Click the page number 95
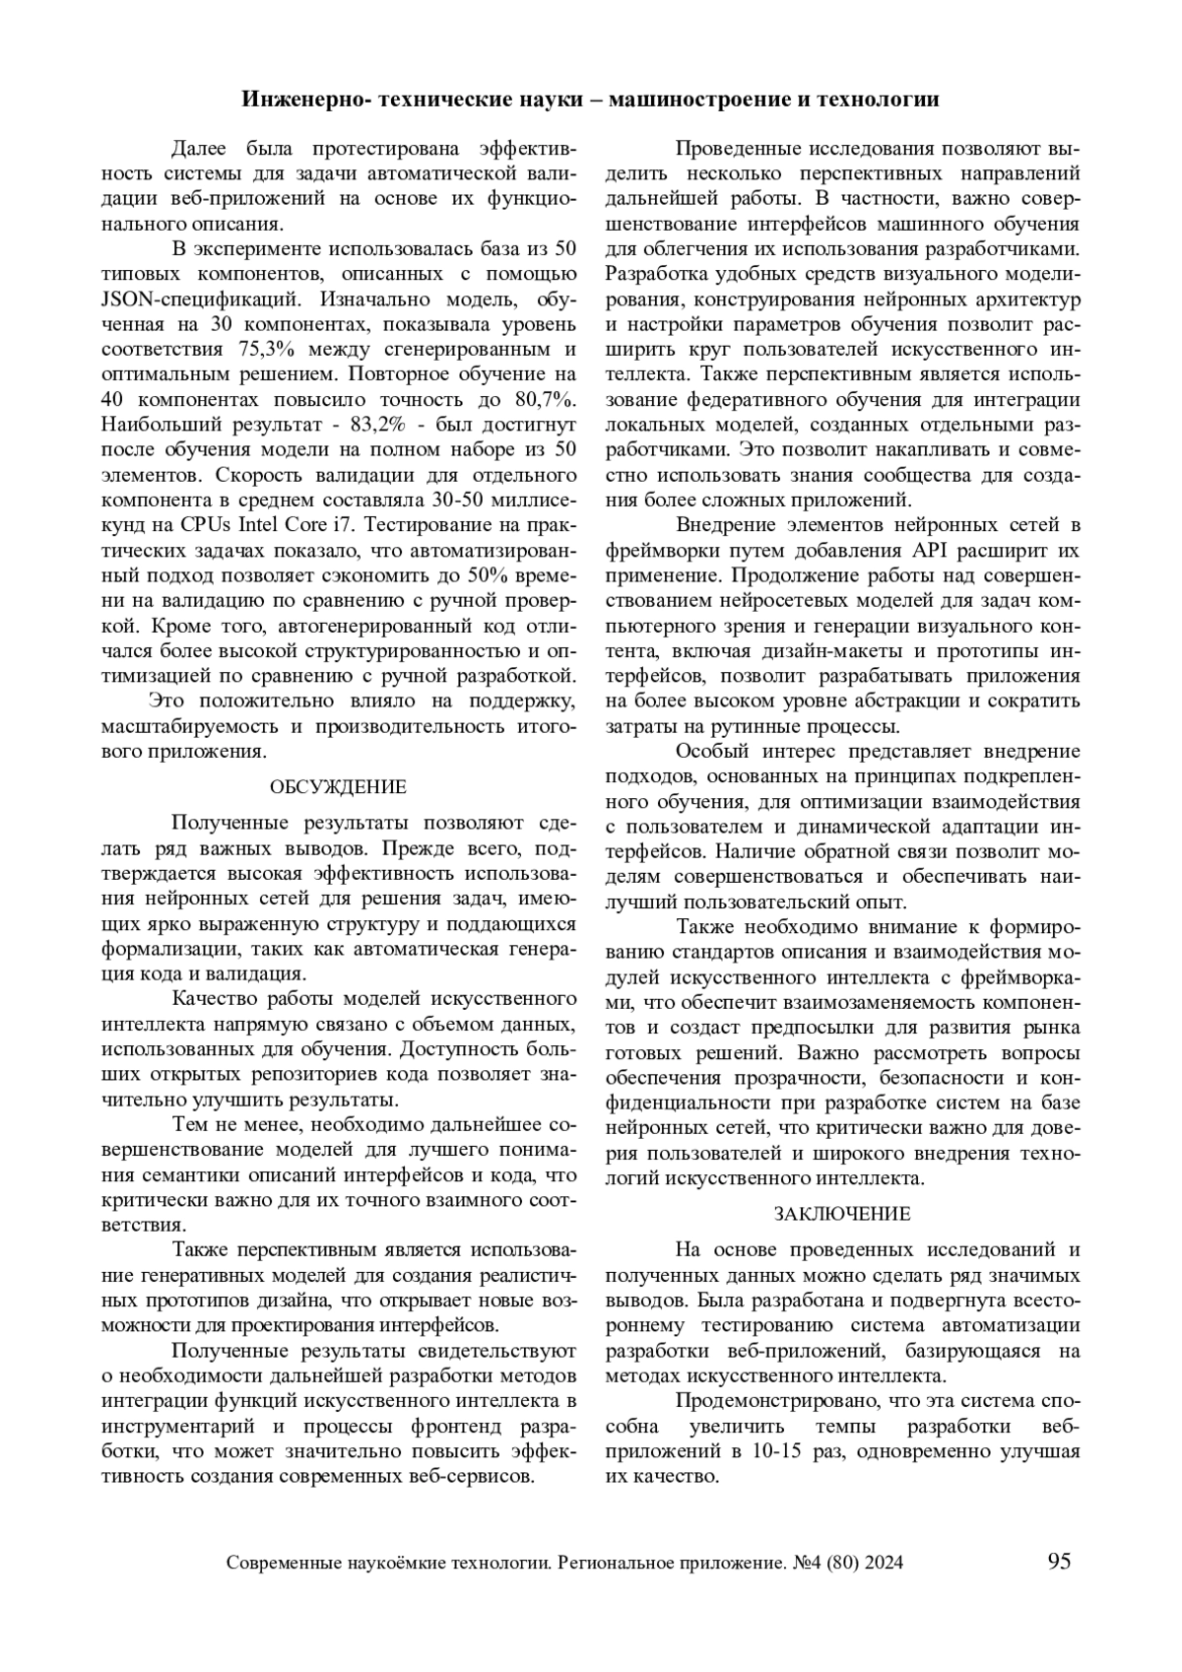1059,1562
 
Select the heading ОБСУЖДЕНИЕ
338,787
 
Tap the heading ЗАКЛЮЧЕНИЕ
842,1214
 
